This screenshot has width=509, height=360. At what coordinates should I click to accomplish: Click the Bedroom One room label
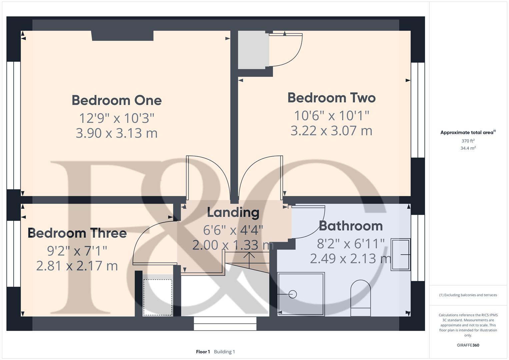pyautogui.click(x=117, y=100)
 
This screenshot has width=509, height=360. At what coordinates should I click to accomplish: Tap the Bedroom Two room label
pyautogui.click(x=331, y=98)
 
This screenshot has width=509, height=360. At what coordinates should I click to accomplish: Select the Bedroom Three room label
pyautogui.click(x=77, y=233)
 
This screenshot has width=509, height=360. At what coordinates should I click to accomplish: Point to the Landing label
pyautogui.click(x=233, y=212)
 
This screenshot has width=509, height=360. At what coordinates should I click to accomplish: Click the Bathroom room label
pyautogui.click(x=351, y=226)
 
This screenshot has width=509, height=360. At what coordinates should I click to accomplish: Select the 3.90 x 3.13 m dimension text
pyautogui.click(x=117, y=133)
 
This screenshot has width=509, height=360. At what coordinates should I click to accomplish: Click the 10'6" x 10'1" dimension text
pyautogui.click(x=331, y=116)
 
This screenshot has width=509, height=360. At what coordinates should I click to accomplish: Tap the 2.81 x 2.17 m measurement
pyautogui.click(x=77, y=266)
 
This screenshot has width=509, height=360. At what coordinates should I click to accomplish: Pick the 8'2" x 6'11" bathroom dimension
pyautogui.click(x=351, y=244)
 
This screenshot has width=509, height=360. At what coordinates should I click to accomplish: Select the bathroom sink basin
pyautogui.click(x=400, y=254)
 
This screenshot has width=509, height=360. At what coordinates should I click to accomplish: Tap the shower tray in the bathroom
pyautogui.click(x=301, y=294)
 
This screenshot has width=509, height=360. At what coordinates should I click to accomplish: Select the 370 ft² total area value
pyautogui.click(x=468, y=141)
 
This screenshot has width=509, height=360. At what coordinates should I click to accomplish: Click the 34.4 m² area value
pyautogui.click(x=468, y=148)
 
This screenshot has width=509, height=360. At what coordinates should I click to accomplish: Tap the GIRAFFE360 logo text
pyautogui.click(x=468, y=345)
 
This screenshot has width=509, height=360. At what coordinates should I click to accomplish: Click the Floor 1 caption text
pyautogui.click(x=203, y=352)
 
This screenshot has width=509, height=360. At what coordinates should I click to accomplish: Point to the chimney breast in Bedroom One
pyautogui.click(x=122, y=35)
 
